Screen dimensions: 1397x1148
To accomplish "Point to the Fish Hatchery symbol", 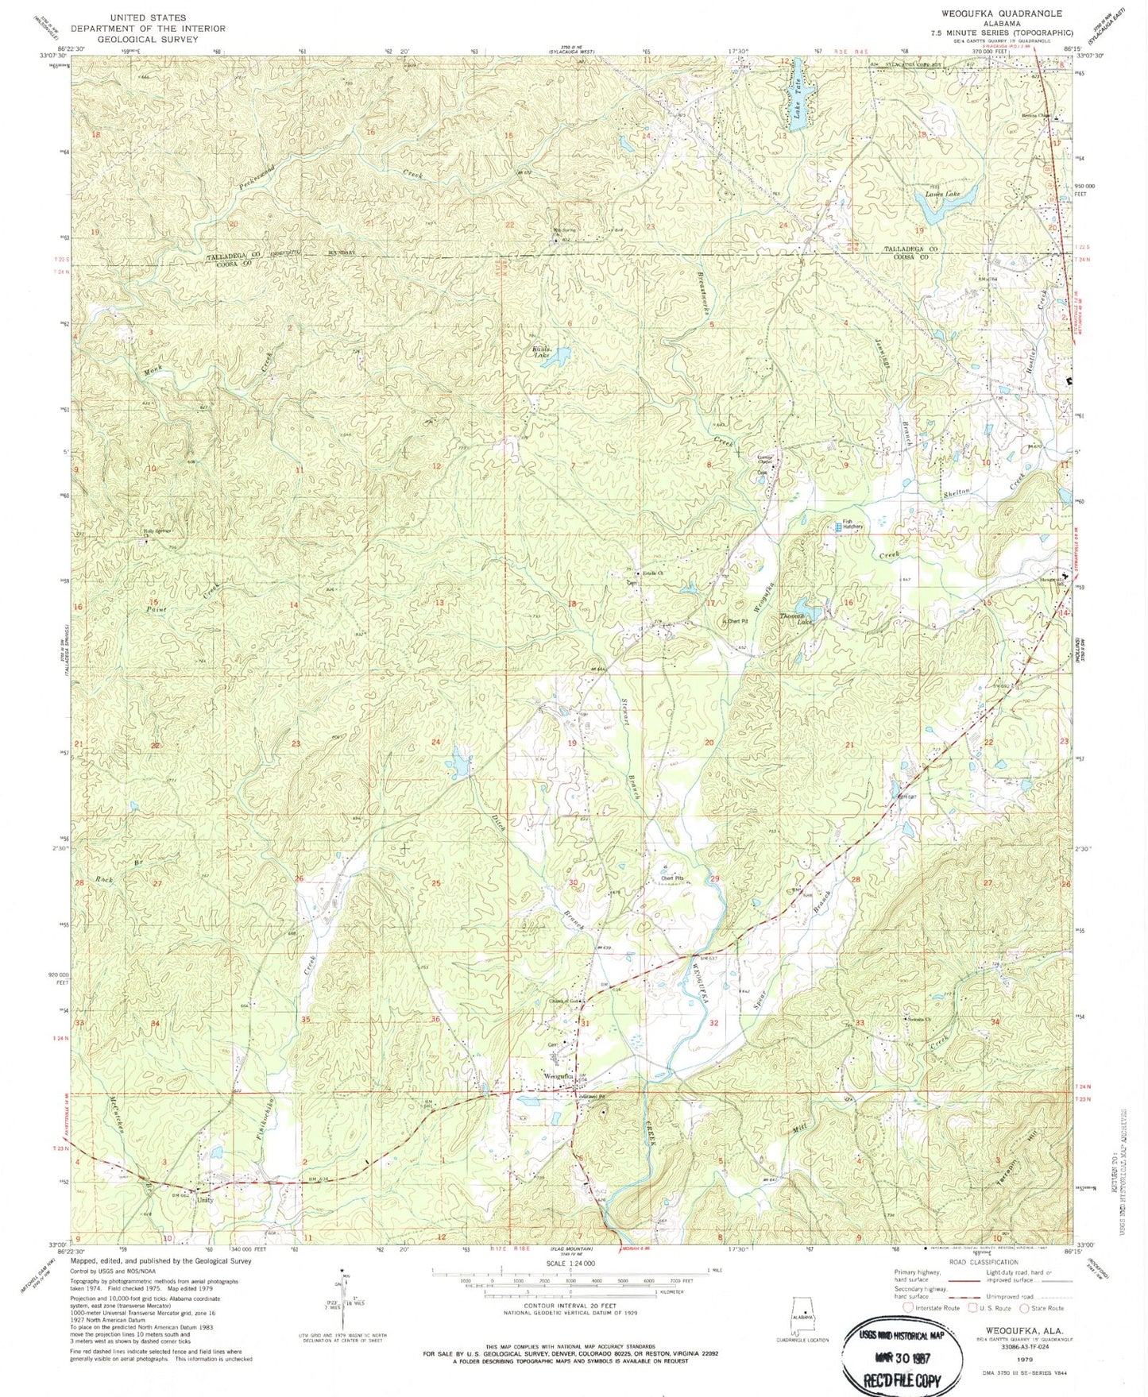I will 838,526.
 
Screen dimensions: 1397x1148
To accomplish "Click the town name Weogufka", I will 559,1076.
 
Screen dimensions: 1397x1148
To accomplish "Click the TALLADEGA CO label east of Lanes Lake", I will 911,249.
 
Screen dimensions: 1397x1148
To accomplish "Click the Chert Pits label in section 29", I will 672,878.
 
